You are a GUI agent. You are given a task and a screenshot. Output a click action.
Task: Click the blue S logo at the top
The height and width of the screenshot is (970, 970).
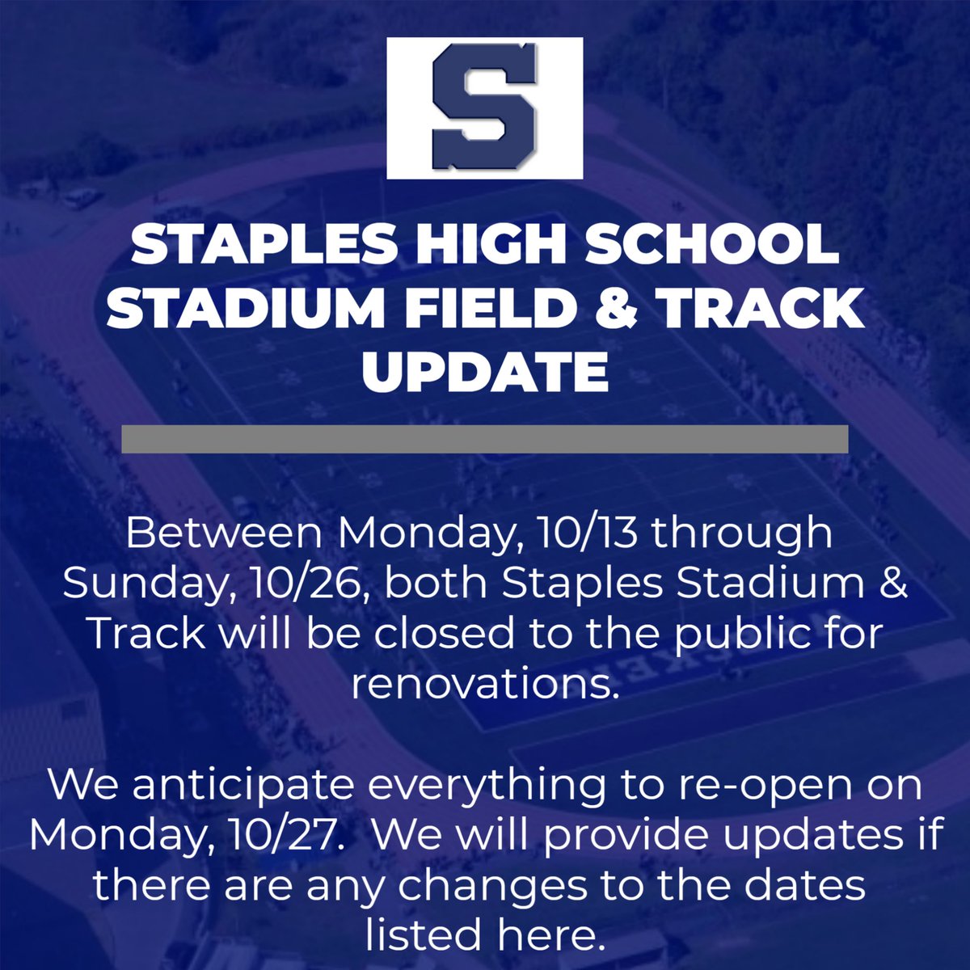pyautogui.click(x=484, y=108)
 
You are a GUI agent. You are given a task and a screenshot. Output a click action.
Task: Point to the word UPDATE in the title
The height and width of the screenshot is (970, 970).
pyautogui.click(x=484, y=373)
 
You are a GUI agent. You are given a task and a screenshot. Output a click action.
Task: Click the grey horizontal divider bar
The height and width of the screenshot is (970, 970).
pyautogui.click(x=484, y=439)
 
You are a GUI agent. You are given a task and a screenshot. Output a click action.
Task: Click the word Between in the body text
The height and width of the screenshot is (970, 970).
pyautogui.click(x=227, y=534)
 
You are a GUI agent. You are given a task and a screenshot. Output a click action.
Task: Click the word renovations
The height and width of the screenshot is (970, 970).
pyautogui.click(x=484, y=685)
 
